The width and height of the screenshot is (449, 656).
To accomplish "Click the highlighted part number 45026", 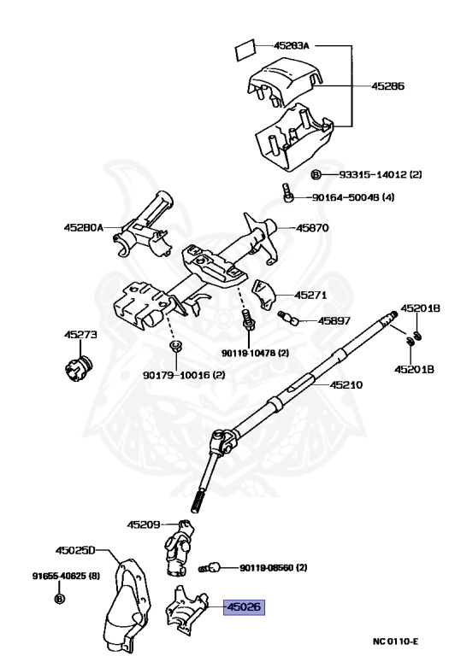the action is pyautogui.click(x=244, y=606).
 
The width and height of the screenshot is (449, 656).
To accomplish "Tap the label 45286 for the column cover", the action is pyautogui.click(x=387, y=86).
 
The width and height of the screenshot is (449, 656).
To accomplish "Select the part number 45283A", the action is pyautogui.click(x=292, y=45).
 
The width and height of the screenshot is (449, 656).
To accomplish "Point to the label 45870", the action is pyautogui.click(x=312, y=228).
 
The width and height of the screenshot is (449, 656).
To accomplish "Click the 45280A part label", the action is pyautogui.click(x=83, y=227).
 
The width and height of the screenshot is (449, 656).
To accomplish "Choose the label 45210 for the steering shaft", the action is pyautogui.click(x=346, y=384).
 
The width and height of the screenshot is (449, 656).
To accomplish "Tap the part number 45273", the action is pyautogui.click(x=80, y=334).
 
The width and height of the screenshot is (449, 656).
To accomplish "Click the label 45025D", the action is pyautogui.click(x=75, y=550).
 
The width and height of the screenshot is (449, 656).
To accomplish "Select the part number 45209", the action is pyautogui.click(x=144, y=524).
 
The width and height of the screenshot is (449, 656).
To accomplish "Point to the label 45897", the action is pyautogui.click(x=334, y=321).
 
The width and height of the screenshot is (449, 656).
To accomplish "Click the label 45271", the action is pyautogui.click(x=310, y=295).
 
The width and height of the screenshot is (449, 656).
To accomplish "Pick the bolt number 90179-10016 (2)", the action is pyautogui.click(x=184, y=375).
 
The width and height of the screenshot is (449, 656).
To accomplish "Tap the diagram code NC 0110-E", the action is pyautogui.click(x=395, y=641).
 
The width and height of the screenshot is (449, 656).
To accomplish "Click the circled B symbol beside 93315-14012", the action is pyautogui.click(x=316, y=174).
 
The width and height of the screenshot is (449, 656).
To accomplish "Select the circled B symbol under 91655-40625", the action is pyautogui.click(x=60, y=598).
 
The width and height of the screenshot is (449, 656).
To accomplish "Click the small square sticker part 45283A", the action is pyautogui.click(x=245, y=50).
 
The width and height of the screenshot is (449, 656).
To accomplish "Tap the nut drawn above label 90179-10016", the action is pyautogui.click(x=174, y=346).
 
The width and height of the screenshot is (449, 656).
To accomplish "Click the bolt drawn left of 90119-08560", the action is pyautogui.click(x=209, y=567).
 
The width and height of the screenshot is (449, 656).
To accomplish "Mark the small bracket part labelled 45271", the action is pyautogui.click(x=263, y=294).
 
